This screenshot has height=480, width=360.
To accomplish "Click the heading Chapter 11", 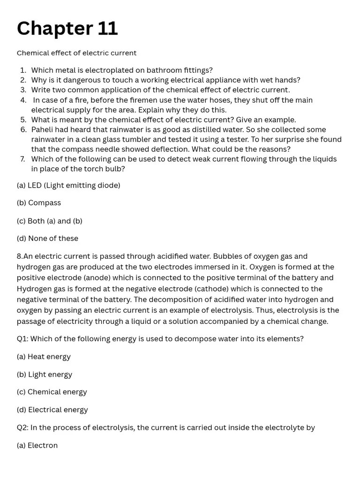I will pyautogui.click(x=67, y=29).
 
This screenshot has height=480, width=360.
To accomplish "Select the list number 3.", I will pyautogui.click(x=23, y=90).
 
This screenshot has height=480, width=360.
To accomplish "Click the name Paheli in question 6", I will pyautogui.click(x=43, y=130).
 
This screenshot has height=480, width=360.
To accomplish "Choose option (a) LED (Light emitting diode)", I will pyautogui.click(x=68, y=186).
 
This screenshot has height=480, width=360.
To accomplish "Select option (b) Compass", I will pyautogui.click(x=39, y=203).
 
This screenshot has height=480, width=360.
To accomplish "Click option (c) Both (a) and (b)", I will pyautogui.click(x=49, y=221).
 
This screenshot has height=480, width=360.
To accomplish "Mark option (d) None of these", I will pyautogui.click(x=47, y=239).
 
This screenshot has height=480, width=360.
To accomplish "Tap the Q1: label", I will pyautogui.click(x=22, y=339).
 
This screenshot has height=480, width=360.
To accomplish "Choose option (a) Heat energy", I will pyautogui.click(x=44, y=357).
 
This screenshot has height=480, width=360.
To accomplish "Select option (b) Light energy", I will pyautogui.click(x=45, y=375).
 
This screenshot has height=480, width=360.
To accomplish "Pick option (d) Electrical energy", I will pyautogui.click(x=52, y=410).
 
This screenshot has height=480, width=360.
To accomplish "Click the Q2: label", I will pyautogui.click(x=22, y=427).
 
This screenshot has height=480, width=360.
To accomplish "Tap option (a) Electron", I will pyautogui.click(x=37, y=445).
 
